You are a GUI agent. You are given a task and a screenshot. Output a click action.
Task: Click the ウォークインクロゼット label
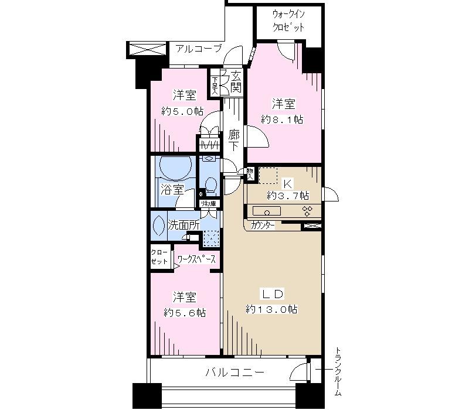pos(289,20)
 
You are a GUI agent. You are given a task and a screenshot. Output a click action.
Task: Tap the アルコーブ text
pos(199,49)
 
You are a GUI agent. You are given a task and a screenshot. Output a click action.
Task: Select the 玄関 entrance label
pos(235,82)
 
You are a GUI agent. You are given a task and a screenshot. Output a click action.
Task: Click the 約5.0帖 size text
pos(182,111)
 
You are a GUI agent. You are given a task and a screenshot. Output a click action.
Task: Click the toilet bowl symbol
pos(210,186)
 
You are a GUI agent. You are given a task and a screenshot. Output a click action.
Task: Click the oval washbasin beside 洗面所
pos(159,225)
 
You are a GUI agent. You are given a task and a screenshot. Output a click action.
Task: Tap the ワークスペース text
pos(196,258)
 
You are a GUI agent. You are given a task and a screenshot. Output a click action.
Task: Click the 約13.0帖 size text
pos(271,309)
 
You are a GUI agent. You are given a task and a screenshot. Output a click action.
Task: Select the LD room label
pos(271,292)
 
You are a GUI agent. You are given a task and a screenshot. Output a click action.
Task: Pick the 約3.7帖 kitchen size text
pos(288,194)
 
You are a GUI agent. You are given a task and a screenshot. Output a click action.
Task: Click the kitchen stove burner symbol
pos(306,211)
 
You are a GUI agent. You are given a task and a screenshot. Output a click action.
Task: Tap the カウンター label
pos(262,225)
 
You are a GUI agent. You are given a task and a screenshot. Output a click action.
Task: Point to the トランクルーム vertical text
pos(338,373)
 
